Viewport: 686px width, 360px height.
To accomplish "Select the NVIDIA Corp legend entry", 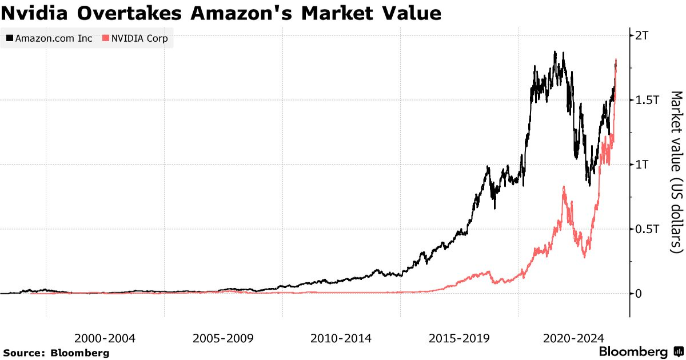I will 135,39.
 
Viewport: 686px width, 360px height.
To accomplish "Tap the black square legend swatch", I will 10,39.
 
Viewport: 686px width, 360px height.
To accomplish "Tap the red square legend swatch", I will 105,39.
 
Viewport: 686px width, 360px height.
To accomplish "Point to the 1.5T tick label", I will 647,100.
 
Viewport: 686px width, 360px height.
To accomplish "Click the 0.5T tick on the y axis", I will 647,229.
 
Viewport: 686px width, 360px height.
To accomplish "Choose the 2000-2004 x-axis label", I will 105,338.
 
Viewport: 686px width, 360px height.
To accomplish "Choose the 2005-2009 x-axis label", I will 223,338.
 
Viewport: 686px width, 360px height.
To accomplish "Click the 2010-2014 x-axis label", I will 341,338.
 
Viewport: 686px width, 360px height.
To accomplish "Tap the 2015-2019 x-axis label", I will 459,338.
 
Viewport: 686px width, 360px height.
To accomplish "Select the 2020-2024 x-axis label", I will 577,338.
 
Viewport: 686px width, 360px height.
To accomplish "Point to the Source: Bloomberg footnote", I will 56,353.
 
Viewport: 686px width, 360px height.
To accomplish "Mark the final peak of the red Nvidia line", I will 616,59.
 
